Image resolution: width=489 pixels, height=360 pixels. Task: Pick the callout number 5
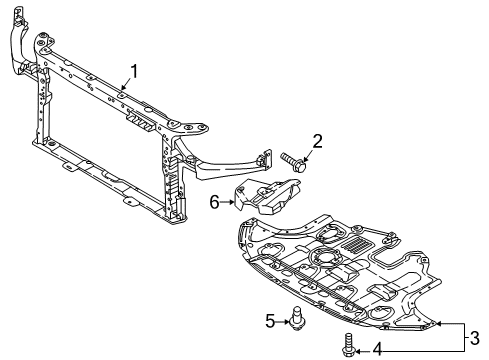click(270, 320)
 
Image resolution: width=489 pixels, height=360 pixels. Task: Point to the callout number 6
click(215, 202)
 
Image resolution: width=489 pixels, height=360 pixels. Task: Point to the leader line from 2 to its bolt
click(306, 150)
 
